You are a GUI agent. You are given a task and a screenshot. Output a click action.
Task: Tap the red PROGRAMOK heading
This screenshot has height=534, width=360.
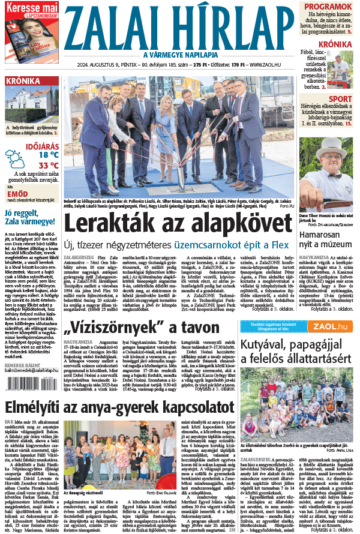point(328,7)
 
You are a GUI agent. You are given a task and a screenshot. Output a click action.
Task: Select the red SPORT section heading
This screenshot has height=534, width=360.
point(340,99)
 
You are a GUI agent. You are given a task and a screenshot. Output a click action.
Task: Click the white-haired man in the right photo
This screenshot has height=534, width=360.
point(327,174)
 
